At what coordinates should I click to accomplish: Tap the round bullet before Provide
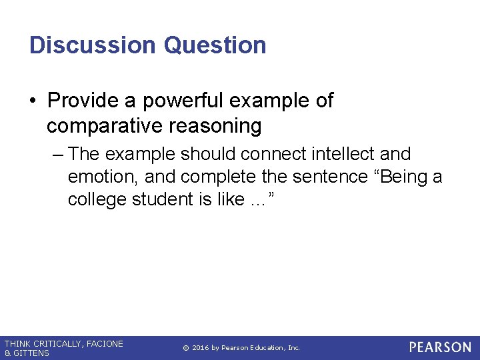coord(33,101)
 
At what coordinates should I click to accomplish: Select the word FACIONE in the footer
coord(105,344)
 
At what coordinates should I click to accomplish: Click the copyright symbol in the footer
coord(185,348)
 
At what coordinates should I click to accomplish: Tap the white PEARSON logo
coord(440,347)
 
